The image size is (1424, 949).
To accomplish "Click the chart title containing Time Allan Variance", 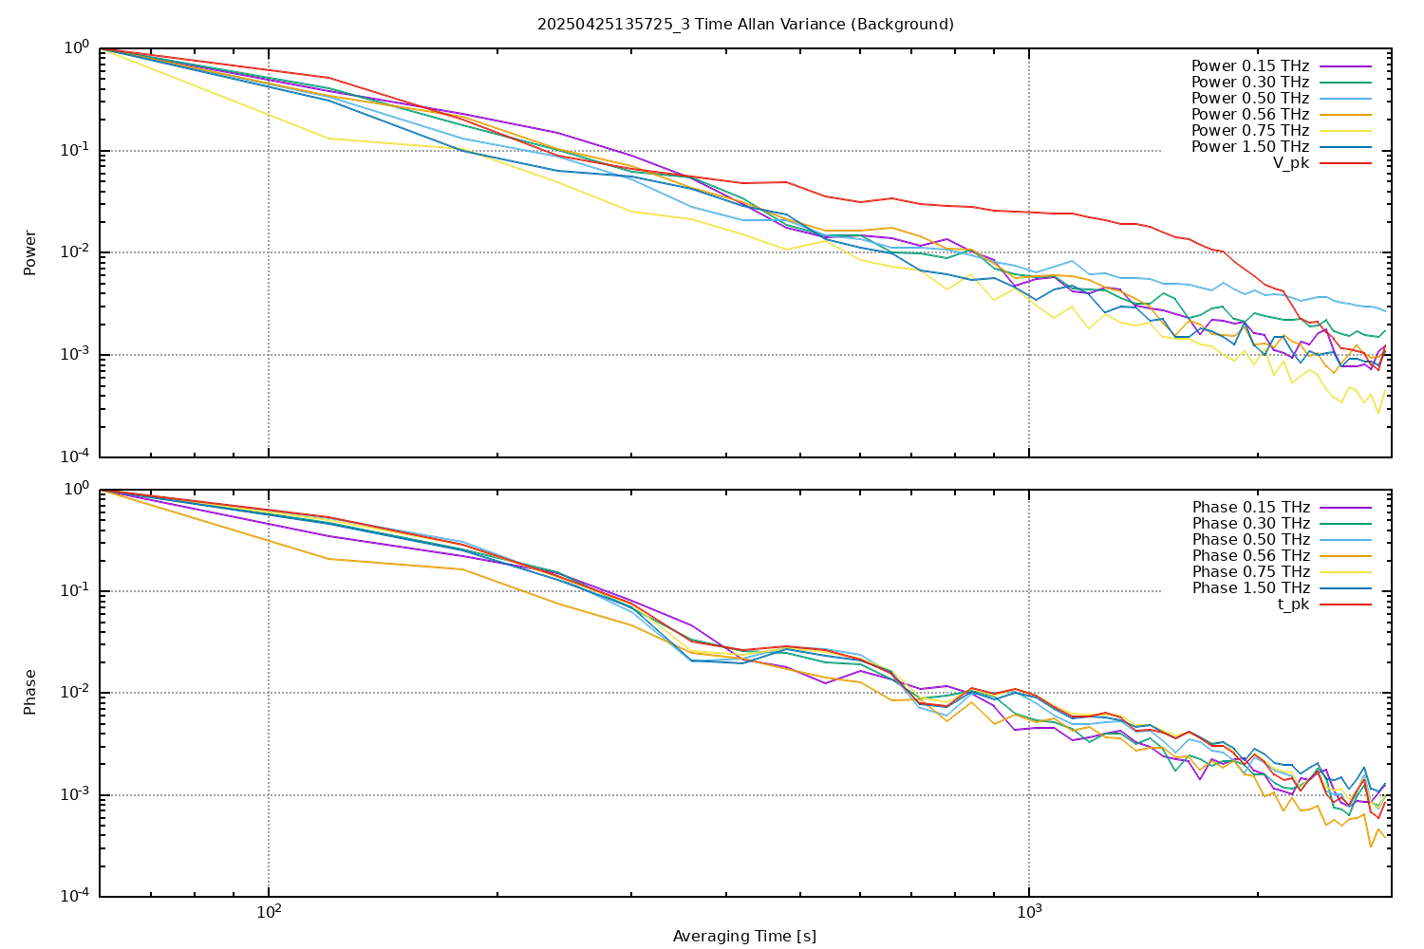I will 745,24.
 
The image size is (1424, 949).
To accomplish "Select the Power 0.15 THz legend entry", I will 1250,66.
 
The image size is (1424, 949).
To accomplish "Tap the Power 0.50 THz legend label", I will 1250,99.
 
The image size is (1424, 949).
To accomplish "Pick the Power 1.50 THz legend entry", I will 1250,147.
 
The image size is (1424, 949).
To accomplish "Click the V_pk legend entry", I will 1291,163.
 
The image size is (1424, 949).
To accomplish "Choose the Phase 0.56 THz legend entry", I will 1251,556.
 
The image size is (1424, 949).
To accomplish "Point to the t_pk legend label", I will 1293,605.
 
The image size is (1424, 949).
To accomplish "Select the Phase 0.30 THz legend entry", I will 1251,524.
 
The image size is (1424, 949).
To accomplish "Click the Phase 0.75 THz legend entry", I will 1251,572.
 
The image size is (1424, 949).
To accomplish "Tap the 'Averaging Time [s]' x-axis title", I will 744,937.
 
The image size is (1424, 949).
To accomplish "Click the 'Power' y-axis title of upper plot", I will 30,252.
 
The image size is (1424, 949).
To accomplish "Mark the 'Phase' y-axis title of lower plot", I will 30,692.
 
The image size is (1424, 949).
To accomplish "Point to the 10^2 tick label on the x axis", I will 269,914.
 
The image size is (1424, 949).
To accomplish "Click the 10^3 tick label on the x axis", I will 1029,914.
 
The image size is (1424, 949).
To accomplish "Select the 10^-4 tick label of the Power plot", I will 75,456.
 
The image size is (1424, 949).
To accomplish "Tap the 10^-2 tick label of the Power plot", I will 75,252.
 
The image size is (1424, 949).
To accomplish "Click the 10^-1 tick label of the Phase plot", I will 75,591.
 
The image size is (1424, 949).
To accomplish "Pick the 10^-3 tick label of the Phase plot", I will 75,795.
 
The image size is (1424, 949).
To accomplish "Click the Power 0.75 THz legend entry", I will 1250,131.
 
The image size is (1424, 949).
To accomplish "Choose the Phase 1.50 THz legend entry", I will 1251,588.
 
